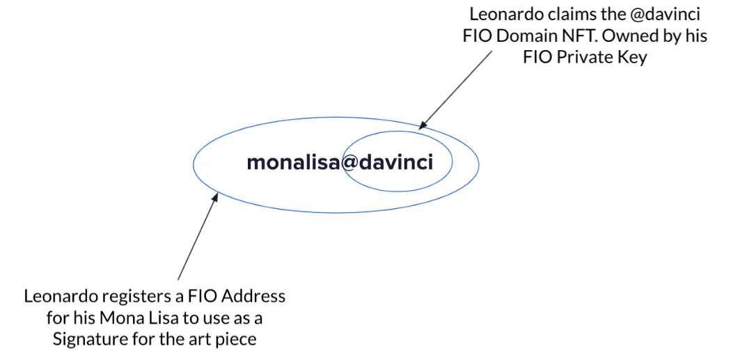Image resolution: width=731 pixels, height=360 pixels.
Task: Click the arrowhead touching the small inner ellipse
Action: coord(421,125)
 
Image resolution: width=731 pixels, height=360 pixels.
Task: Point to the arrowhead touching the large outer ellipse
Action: coord(216,198)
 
